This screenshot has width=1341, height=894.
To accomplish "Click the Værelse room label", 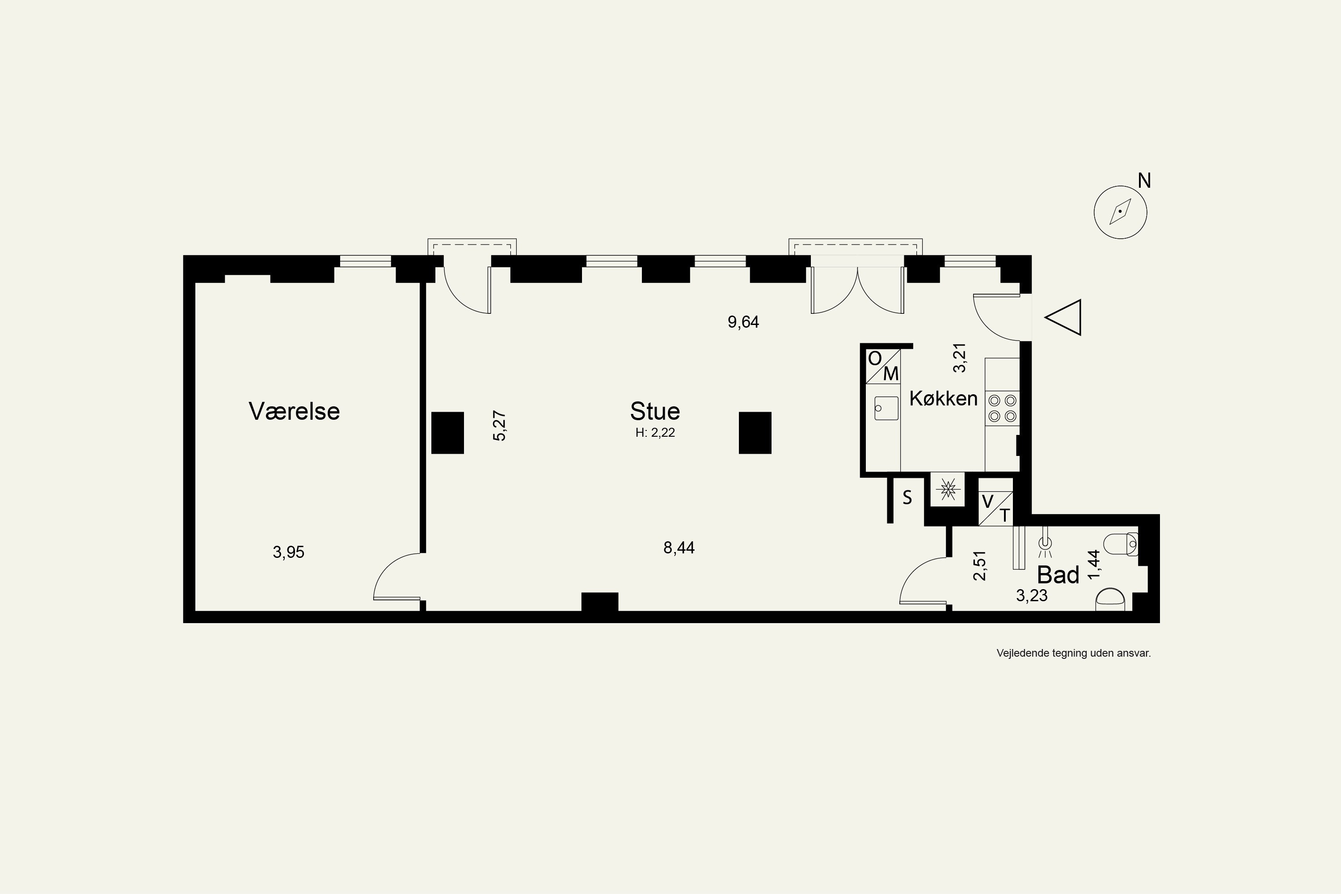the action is pyautogui.click(x=294, y=411).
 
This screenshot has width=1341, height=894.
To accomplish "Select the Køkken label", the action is pyautogui.click(x=943, y=398).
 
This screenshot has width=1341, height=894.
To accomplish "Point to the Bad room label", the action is pyautogui.click(x=1058, y=575).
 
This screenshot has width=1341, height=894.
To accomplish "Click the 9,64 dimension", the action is pyautogui.click(x=743, y=322).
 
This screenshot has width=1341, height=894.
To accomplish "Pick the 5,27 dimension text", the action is pyautogui.click(x=499, y=426).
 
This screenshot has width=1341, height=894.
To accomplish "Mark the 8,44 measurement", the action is pyautogui.click(x=679, y=548).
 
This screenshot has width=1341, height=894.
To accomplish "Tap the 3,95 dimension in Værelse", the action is pyautogui.click(x=288, y=552).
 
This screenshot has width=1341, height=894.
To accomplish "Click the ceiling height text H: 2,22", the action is pyautogui.click(x=655, y=433).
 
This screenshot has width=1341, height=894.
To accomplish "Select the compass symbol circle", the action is pyautogui.click(x=1120, y=212).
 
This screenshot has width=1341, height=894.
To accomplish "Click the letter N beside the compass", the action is pyautogui.click(x=1144, y=181).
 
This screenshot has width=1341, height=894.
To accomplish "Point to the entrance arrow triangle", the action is pyautogui.click(x=1063, y=317).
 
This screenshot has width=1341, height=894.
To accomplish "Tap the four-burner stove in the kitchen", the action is pyautogui.click(x=1002, y=408).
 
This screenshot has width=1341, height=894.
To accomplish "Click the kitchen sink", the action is pyautogui.click(x=886, y=408).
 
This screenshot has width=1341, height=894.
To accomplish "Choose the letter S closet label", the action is pyautogui.click(x=907, y=498).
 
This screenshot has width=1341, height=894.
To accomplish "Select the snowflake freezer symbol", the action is pyautogui.click(x=948, y=489).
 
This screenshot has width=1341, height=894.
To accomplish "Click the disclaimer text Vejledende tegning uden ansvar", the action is pyautogui.click(x=1074, y=654).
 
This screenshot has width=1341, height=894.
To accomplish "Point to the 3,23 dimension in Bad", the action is pyautogui.click(x=1032, y=596).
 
